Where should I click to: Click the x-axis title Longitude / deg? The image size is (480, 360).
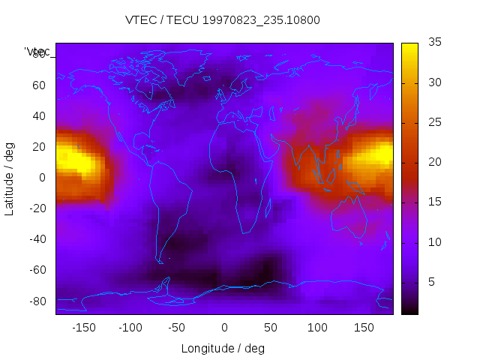pos(223,348)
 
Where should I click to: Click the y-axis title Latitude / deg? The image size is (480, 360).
pos(10,178)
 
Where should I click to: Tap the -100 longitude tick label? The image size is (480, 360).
pos(130,327)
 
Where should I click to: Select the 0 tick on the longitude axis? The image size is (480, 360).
pos(224,327)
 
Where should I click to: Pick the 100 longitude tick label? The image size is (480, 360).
pos(317,327)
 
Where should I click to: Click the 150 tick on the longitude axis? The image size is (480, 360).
pos(364,327)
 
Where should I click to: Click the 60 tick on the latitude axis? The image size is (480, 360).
pos(38,85)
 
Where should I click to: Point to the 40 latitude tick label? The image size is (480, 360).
pos(38,116)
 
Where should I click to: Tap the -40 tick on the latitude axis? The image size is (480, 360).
pos(36,239)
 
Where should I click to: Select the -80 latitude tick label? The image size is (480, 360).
pos(36,301)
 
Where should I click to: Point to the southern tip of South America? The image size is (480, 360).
pos(160,262)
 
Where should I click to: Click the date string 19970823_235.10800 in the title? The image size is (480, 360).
pos(256,20)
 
